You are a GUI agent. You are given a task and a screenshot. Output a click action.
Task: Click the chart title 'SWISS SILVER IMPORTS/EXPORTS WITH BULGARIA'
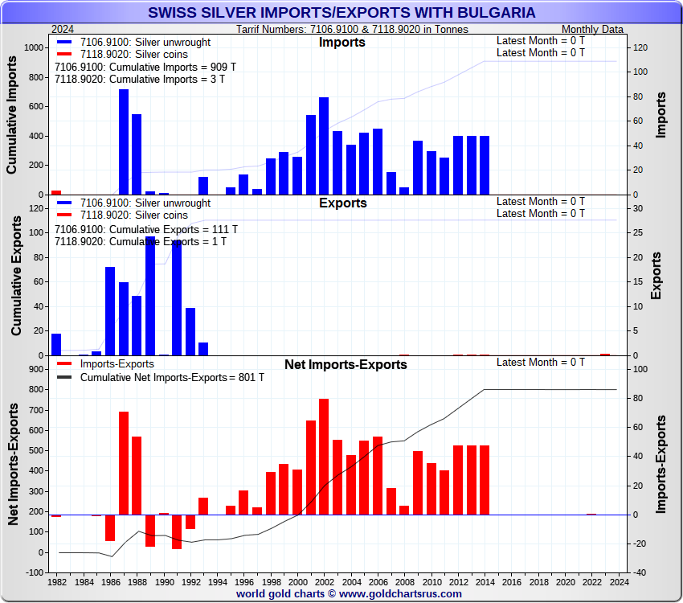pos(341,13)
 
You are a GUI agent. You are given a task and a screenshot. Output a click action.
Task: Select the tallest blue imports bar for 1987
pos(124,142)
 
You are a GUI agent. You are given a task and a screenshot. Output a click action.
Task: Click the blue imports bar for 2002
pos(324,146)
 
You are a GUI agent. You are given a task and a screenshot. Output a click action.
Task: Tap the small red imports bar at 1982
pos(56,192)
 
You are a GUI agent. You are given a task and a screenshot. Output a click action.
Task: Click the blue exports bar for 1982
pos(56,344)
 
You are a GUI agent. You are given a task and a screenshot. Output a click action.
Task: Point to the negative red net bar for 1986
pos(110,527)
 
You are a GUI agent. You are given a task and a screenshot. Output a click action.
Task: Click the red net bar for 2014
pos(485,480)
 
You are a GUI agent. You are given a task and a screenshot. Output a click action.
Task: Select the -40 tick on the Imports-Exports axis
pos(640,572)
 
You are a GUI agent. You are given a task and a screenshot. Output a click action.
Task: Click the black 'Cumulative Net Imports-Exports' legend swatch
pos(64,377)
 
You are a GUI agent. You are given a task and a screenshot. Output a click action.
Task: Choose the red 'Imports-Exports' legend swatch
pos(64,364)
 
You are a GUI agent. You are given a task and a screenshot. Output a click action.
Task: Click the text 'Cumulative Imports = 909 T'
pos(145,67)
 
